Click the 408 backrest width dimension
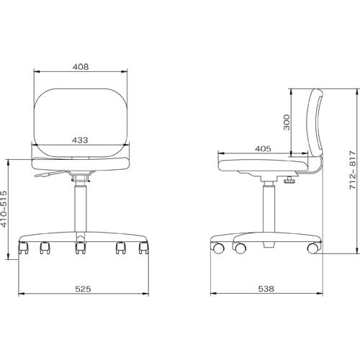coord(81,67)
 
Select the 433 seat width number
coord(80,140)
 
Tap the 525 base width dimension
coord(83,289)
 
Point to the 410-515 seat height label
coord(4,209)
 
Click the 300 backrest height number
coord(287,122)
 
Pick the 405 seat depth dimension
coord(263,149)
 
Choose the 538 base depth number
coord(266,289)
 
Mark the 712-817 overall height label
coord(352,170)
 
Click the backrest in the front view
coord(81,122)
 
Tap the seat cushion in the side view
coord(263,166)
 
